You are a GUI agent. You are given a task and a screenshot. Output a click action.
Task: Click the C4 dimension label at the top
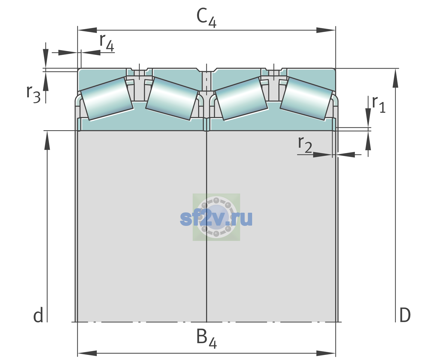206,18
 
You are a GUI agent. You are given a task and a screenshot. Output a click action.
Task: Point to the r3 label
33,94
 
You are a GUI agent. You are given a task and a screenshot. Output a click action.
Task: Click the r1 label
379,104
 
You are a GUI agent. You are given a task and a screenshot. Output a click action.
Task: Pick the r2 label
305,144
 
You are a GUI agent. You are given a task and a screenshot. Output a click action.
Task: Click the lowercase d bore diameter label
38,315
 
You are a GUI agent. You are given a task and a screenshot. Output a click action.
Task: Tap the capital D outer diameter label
405,315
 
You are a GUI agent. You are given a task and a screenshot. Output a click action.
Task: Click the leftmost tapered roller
107,99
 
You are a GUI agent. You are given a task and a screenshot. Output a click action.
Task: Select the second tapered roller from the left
172,99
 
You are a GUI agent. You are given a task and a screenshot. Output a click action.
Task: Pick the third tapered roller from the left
241,99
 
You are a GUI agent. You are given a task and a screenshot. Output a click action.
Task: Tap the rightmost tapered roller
306,99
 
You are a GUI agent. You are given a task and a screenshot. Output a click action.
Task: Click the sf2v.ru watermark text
216,218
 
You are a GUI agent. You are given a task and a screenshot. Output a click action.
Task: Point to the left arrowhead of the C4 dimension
87,30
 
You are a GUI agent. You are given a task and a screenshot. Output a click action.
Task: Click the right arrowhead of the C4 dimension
326,30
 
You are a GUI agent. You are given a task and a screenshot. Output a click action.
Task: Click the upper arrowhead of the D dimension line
395,78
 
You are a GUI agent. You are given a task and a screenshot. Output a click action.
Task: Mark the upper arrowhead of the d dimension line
47,140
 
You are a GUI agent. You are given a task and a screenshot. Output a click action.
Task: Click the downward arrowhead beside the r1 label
368,118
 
